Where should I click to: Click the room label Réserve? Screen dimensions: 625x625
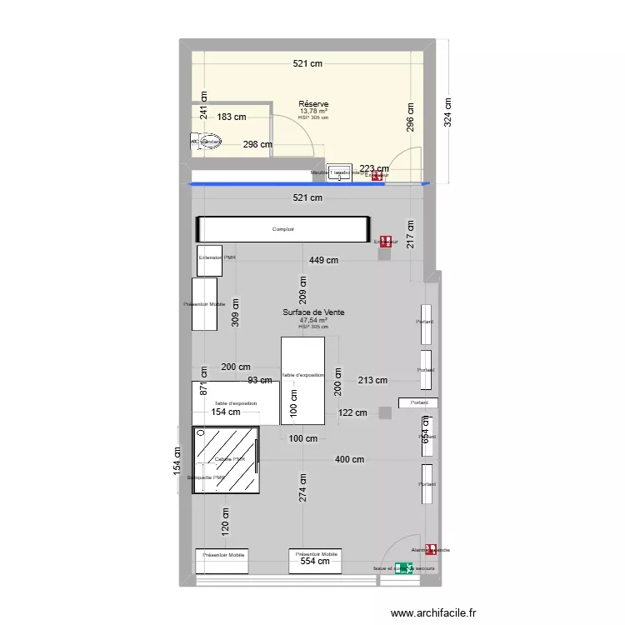point(313,104)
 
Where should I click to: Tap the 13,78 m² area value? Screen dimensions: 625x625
point(313,111)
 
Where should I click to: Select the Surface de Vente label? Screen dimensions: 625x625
point(313,312)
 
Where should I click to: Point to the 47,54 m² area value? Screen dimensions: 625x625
point(313,320)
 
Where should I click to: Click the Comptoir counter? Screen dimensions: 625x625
point(282,229)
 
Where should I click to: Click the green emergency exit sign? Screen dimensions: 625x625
point(404,568)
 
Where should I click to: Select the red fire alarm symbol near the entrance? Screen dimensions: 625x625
point(431,549)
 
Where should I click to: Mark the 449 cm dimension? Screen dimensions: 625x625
point(323,260)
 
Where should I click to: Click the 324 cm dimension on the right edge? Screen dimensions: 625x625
point(447,113)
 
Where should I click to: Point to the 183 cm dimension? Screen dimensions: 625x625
point(232,117)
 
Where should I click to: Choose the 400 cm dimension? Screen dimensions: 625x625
point(350,459)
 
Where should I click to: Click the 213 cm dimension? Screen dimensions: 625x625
point(373,381)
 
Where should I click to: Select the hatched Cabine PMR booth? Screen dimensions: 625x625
point(226,460)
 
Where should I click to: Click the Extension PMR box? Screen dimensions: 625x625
point(210,260)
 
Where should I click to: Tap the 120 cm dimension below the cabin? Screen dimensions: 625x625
point(224,521)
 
